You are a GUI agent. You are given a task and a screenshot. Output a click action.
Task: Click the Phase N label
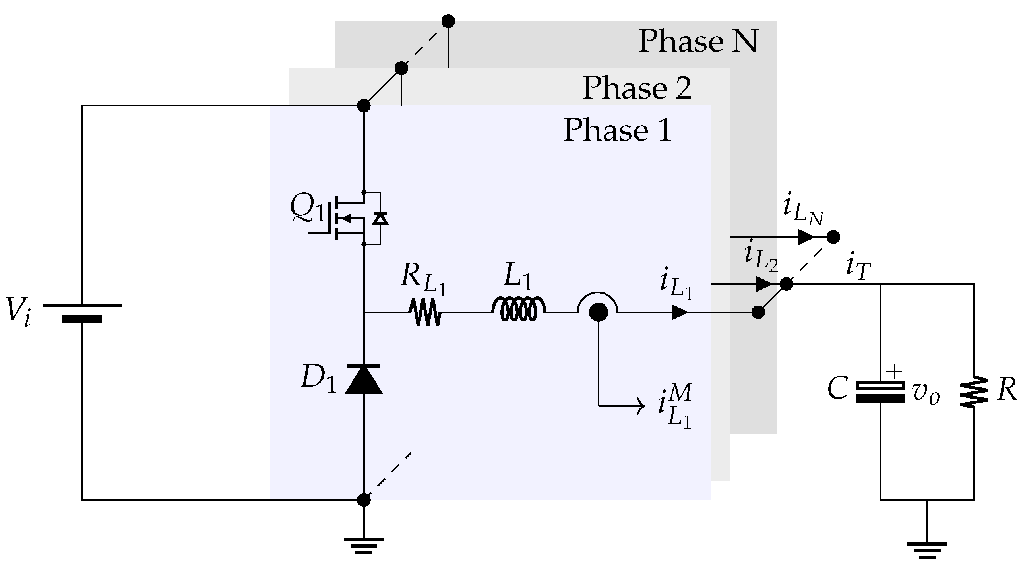point(698,41)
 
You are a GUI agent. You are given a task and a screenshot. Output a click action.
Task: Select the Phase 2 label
point(637,88)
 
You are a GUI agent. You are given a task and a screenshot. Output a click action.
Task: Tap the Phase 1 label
point(618,130)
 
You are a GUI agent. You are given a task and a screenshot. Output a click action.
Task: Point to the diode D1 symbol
point(364,379)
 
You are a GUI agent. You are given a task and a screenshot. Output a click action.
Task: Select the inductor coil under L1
point(518,310)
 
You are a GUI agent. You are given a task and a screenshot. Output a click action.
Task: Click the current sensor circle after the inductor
point(598,312)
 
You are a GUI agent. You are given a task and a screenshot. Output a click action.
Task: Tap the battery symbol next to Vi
point(82,312)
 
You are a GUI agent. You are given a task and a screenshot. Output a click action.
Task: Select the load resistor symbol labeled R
point(974,392)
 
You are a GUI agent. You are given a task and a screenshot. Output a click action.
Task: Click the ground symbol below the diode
point(364,546)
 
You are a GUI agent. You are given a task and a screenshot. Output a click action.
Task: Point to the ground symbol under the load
point(927,549)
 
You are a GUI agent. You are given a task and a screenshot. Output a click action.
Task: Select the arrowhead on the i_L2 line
point(764,284)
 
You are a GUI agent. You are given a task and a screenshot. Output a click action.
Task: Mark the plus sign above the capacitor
point(894,372)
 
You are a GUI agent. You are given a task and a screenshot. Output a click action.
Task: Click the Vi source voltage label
point(18,311)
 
